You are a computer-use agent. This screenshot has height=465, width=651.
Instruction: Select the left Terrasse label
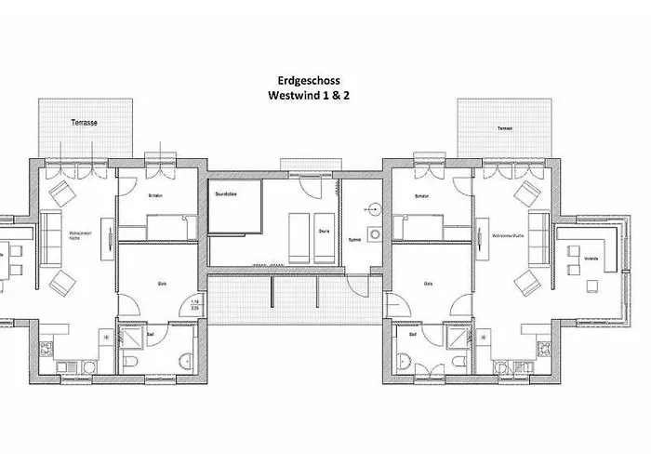tap(85, 123)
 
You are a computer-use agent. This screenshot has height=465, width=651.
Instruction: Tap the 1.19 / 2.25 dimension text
tap(195, 305)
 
